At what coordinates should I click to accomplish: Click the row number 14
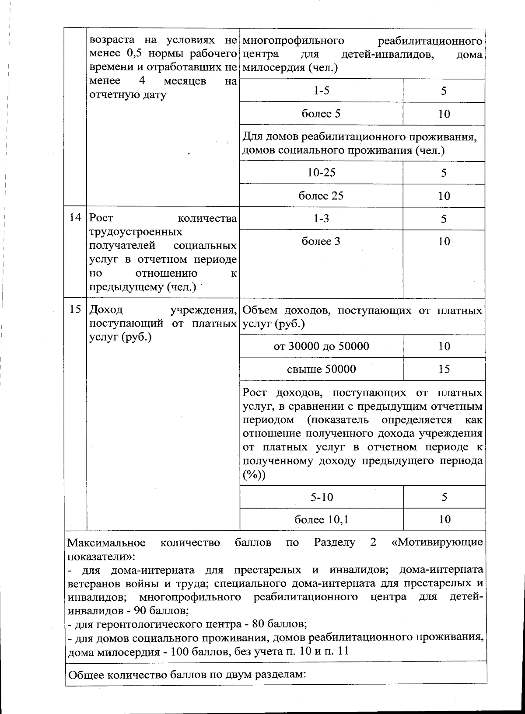pyautogui.click(x=75, y=218)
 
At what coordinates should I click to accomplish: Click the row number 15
pyautogui.click(x=75, y=310)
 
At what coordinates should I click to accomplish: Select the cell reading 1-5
pyautogui.click(x=321, y=91)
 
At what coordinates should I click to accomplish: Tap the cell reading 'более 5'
pyautogui.click(x=321, y=114)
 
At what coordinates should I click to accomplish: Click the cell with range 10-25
pyautogui.click(x=321, y=172)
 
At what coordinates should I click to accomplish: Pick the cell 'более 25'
pyautogui.click(x=321, y=195)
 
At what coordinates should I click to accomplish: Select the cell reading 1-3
pyautogui.click(x=321, y=219)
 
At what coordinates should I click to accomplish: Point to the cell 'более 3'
pyautogui.click(x=321, y=241)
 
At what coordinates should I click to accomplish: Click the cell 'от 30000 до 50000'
pyautogui.click(x=321, y=346)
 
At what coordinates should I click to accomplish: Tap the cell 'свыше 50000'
pyautogui.click(x=321, y=369)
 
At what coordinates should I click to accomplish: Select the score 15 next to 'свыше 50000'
pyautogui.click(x=444, y=369)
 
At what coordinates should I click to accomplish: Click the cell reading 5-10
pyautogui.click(x=321, y=497)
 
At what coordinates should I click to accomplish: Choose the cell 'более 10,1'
pyautogui.click(x=321, y=519)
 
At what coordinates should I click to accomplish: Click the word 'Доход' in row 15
pyautogui.click(x=106, y=310)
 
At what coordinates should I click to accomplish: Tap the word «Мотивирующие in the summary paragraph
pyautogui.click(x=437, y=543)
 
